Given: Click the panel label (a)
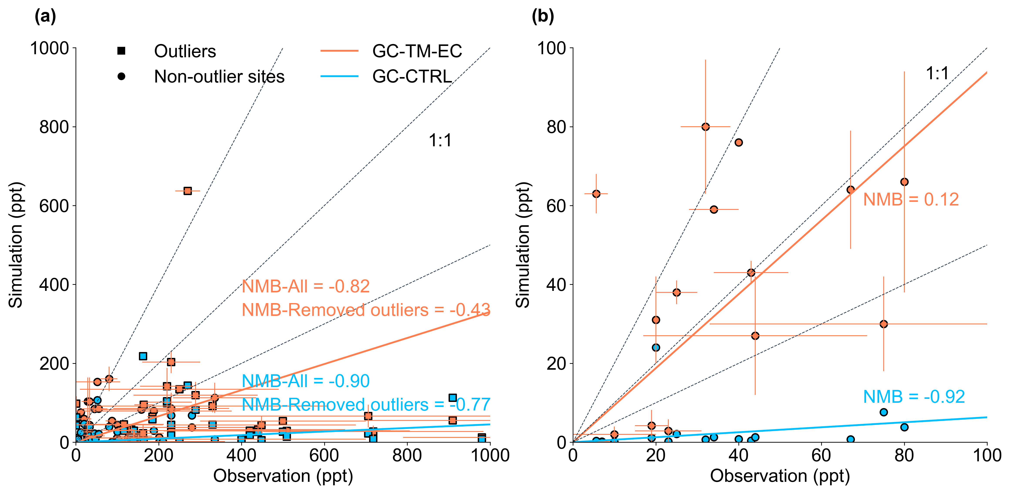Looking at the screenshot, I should coord(45,17).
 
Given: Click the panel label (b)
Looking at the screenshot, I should coord(543,17).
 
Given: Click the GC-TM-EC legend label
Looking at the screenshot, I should coord(417,51).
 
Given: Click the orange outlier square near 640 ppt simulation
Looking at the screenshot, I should coord(187,191).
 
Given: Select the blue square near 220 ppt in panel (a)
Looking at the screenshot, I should coord(143,356).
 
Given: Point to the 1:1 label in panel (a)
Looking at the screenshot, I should coord(440,140).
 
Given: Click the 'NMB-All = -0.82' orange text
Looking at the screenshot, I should coord(306,286).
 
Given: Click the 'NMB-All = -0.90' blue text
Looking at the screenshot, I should coord(306,381).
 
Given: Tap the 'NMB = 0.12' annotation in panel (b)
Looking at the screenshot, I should coord(911,200).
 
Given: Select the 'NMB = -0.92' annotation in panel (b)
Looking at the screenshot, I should coord(914,397).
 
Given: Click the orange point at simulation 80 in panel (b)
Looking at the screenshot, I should coord(705,127).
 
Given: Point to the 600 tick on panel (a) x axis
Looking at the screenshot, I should coord(324,456).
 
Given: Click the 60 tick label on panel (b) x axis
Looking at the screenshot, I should coord(821,456).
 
